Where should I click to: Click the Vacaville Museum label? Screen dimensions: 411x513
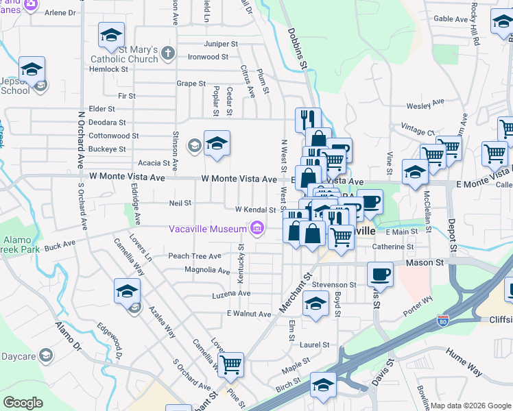208,228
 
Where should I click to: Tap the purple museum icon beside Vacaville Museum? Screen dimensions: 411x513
256,227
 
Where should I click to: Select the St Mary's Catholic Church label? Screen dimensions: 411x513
140,54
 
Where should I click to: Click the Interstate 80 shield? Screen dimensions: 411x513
444,320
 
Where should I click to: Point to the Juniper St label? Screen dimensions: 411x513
221,44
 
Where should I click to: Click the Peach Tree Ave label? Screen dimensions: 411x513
195,256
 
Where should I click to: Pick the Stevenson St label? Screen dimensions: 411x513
334,284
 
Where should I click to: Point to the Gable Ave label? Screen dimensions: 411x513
451,19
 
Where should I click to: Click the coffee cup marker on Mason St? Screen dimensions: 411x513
379,275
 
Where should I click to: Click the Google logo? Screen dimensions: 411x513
23,403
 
